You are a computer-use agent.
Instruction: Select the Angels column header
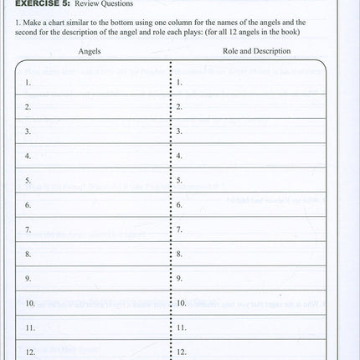[x=90, y=52]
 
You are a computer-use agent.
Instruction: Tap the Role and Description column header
[x=256, y=52]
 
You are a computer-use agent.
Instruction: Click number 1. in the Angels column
[x=28, y=82]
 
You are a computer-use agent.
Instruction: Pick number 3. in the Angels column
[x=28, y=131]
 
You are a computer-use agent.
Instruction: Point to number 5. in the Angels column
[x=28, y=180]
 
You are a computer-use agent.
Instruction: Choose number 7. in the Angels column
[x=28, y=229]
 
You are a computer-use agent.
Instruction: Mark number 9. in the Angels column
[x=28, y=277]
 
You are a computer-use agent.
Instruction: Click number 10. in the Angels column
[x=29, y=302]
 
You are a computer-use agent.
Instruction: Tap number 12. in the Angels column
[x=29, y=351]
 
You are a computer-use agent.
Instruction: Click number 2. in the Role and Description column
[x=179, y=107]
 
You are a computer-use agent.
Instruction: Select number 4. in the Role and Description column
[x=179, y=156]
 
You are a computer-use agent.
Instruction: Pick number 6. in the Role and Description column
[x=179, y=204]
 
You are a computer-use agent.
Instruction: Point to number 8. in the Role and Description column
[x=179, y=253]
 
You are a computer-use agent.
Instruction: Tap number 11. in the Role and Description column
[x=181, y=327]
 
